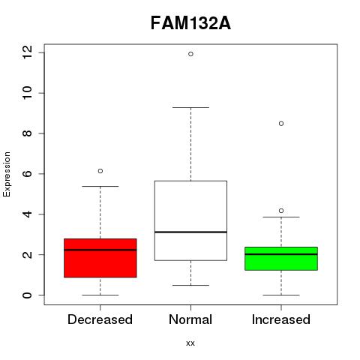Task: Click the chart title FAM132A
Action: click(x=190, y=23)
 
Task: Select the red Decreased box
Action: click(x=100, y=258)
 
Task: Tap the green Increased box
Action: click(x=281, y=259)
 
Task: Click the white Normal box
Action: click(x=190, y=220)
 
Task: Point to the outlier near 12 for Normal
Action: click(x=190, y=54)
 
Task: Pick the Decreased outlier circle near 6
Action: click(x=100, y=171)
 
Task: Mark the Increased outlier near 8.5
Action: click(x=281, y=124)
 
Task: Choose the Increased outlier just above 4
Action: click(x=281, y=211)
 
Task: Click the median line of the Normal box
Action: click(x=190, y=232)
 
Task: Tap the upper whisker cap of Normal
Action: click(x=190, y=107)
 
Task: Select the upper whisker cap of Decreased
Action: click(x=100, y=186)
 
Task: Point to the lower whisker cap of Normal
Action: click(x=190, y=285)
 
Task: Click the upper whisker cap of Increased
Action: click(x=281, y=217)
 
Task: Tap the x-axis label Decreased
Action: click(x=100, y=319)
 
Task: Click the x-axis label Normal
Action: click(x=190, y=319)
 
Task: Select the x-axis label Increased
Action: click(x=281, y=319)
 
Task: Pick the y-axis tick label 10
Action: click(x=27, y=93)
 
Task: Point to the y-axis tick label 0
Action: click(x=27, y=295)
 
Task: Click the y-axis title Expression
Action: click(x=7, y=174)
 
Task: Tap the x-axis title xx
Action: click(x=190, y=343)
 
